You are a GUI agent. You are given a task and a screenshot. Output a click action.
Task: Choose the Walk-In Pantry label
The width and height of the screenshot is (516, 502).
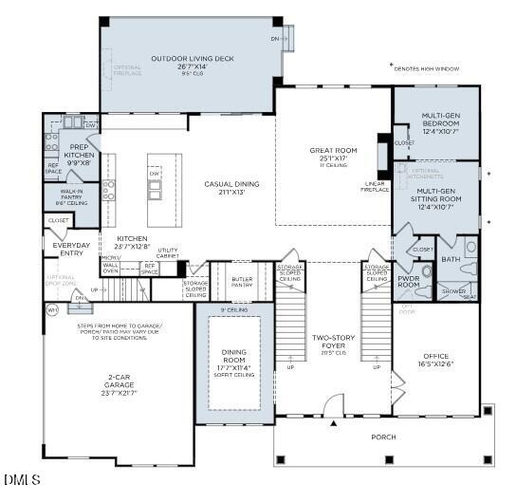(x=73, y=195)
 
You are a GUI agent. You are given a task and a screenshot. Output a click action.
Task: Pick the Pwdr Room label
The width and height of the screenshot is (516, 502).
(x=409, y=280)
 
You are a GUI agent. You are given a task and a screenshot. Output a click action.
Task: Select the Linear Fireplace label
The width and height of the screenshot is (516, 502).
(x=376, y=186)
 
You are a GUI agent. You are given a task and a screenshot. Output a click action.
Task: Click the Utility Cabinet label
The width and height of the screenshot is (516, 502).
(x=168, y=253)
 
